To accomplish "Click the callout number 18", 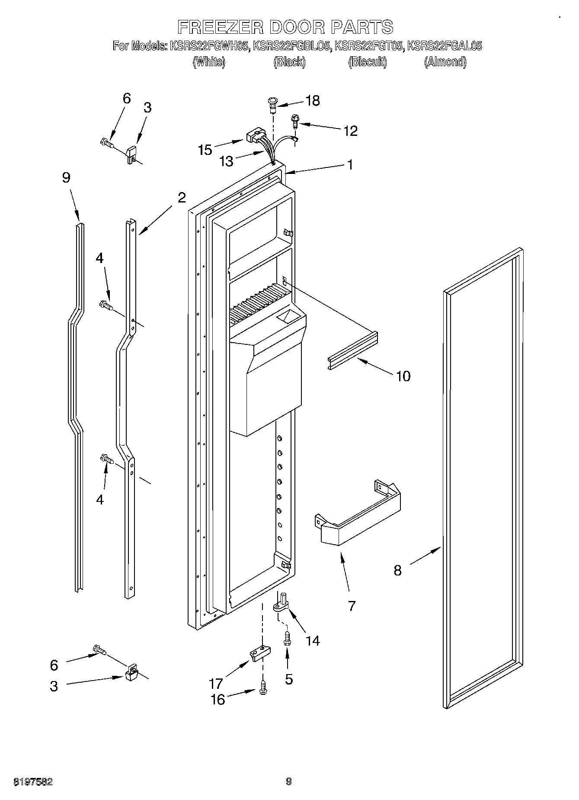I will point(313,101).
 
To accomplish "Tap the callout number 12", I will point(350,131).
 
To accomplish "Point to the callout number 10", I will point(403,376).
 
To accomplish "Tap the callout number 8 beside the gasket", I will point(397,571).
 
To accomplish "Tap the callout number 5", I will point(289,680).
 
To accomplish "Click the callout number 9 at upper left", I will point(66,178).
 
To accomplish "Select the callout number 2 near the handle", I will point(182,197).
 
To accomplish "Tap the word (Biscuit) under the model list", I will point(367,62).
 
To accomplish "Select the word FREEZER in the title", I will point(220,27).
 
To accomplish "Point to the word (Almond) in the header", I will point(445,62).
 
